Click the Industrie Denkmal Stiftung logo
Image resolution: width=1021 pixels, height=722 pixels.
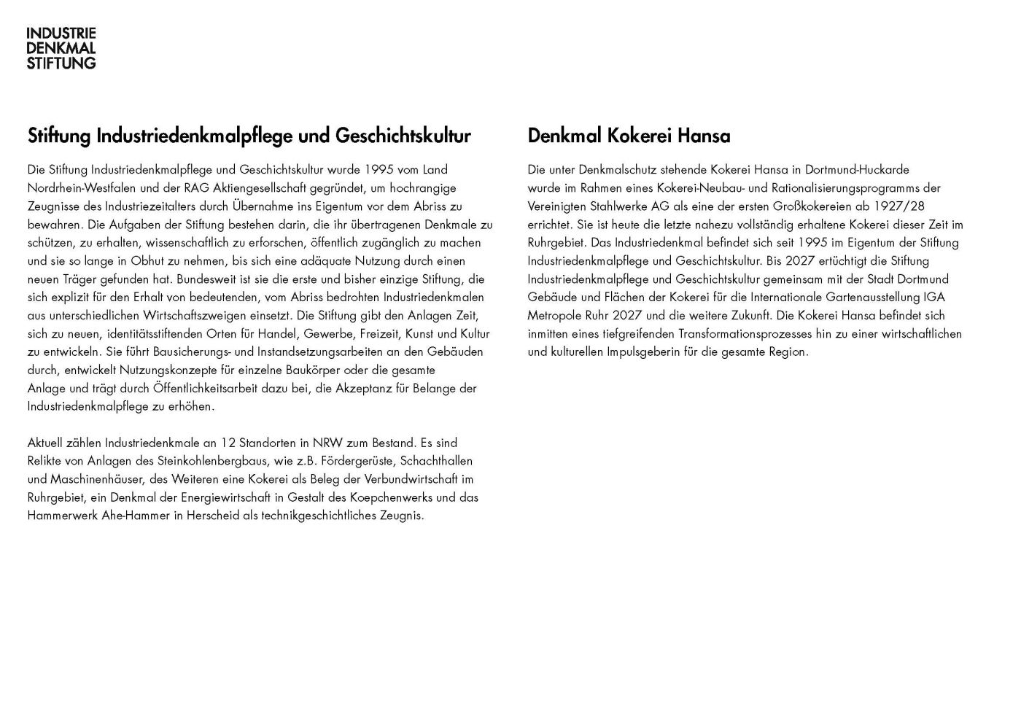pos(61,48)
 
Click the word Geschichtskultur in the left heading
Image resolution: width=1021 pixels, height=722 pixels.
pos(403,136)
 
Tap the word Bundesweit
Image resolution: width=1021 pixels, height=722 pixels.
pos(206,279)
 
